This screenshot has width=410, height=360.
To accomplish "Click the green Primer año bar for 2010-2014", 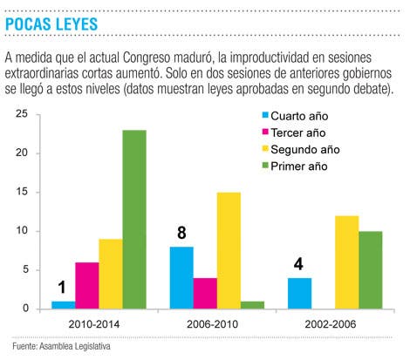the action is [134, 220].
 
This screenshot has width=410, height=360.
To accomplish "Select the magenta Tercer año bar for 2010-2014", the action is [87, 286].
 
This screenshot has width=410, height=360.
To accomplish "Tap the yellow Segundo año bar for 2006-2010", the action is [229, 250].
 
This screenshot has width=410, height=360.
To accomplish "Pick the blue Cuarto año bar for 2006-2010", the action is [181, 278].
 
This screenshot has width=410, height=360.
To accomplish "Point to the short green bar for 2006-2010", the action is [252, 305].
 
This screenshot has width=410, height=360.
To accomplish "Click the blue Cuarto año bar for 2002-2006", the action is [300, 294].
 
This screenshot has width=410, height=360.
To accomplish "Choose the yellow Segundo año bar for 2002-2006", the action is [347, 262].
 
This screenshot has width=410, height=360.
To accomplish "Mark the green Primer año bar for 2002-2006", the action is [371, 270].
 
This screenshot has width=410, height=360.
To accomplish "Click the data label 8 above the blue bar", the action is [181, 233].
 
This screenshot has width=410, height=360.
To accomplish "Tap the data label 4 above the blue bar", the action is [298, 264].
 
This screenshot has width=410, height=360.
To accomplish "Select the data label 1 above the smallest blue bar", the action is [62, 288].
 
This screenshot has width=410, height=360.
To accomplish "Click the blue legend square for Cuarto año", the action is [265, 115].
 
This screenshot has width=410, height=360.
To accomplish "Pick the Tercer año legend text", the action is [298, 132].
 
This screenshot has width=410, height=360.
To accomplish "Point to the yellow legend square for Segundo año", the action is [265, 149].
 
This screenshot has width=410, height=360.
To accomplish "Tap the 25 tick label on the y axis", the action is [22, 113].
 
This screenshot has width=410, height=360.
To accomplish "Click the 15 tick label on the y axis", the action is [22, 192].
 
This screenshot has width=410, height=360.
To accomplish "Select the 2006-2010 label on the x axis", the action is [212, 324].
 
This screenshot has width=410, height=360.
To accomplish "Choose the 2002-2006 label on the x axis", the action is [331, 324].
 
